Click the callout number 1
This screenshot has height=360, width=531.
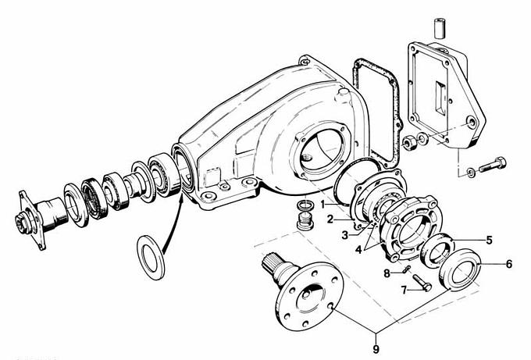pos(323,205)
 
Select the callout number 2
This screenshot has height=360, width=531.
pos(330,219)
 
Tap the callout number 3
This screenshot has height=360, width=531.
pos(344,235)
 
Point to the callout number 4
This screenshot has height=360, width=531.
pos(359,250)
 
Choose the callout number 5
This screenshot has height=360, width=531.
pos(489,240)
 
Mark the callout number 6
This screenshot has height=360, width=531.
pos(509,264)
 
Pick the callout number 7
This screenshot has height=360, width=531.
pos(404,290)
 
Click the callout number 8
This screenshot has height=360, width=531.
pos(387,273)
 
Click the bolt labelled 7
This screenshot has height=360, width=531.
pos(422,283)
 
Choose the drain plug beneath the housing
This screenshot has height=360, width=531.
pos(304,221)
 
